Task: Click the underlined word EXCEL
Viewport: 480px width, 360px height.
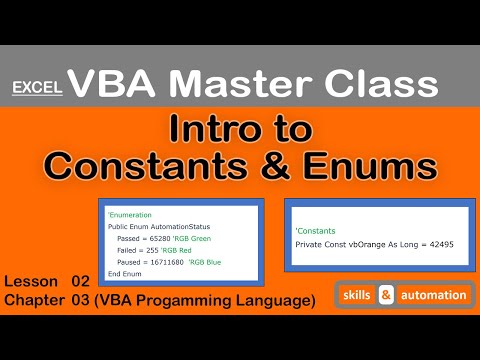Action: (38, 88)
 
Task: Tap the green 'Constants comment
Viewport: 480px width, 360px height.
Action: (317, 232)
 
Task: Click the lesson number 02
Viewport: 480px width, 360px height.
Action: (81, 281)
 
